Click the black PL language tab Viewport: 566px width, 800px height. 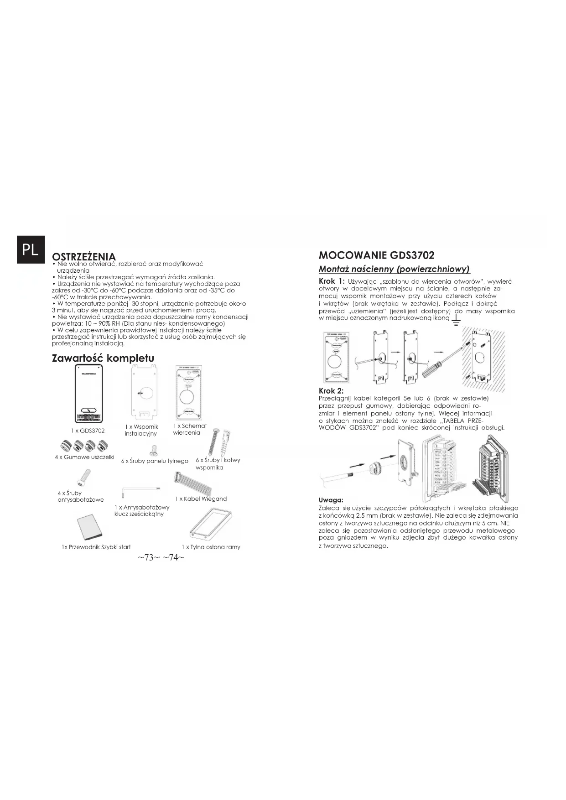coord(31,249)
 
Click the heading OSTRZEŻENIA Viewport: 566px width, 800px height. coord(84,257)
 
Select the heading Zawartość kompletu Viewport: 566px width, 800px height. coord(103,358)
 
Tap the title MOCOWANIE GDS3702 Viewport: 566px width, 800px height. coord(376,255)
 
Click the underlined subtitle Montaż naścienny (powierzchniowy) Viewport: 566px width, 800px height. coord(394,269)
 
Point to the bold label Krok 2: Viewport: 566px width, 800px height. coord(331,391)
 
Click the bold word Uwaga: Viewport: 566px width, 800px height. coord(331,500)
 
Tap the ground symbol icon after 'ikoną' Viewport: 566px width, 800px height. coord(455,322)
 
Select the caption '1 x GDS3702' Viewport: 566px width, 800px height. coord(88,431)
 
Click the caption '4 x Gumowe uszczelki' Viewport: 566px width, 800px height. coord(84,457)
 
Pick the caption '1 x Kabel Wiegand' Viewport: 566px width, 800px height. coord(201,499)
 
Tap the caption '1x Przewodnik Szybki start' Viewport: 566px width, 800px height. coord(96,546)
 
